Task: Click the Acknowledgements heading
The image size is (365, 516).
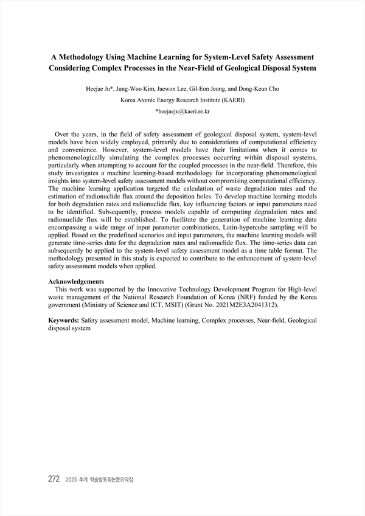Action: tap(76, 282)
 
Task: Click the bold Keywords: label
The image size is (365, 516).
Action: tap(63, 320)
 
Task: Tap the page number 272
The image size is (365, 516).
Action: tap(54, 479)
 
